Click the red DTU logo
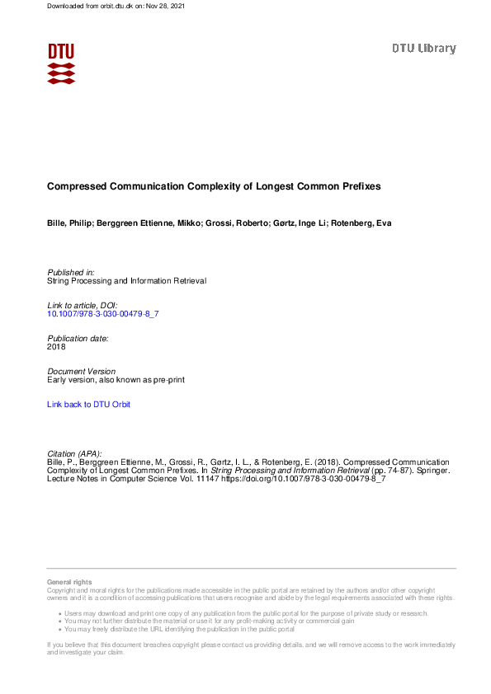[x=61, y=63]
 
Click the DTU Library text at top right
[x=423, y=49]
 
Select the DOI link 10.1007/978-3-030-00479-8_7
[x=102, y=314]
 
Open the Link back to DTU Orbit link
[x=89, y=405]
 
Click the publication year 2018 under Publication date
[x=57, y=347]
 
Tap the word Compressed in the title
[x=75, y=187]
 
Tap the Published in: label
[x=71, y=272]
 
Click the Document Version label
[x=82, y=372]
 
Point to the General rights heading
[x=70, y=583]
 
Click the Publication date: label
[x=78, y=338]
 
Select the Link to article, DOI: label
[x=83, y=306]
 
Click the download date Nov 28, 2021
[x=168, y=6]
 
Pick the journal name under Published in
[x=126, y=280]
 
